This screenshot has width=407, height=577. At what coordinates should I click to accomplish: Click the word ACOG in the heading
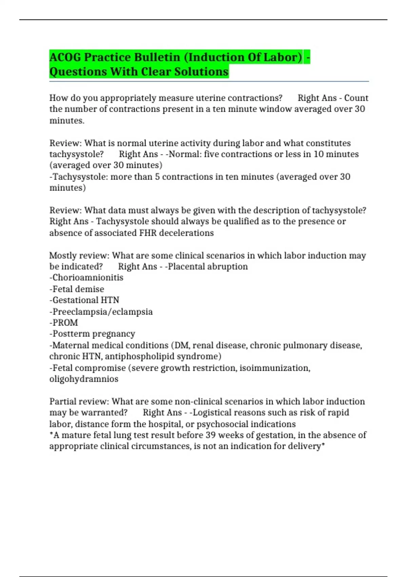[x=65, y=57]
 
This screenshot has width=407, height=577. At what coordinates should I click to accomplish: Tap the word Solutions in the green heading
[x=201, y=72]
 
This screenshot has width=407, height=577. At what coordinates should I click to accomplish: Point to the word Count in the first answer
[x=356, y=98]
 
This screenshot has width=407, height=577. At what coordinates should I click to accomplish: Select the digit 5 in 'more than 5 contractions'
[x=157, y=176]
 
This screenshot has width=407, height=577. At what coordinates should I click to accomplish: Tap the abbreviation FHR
[x=148, y=233]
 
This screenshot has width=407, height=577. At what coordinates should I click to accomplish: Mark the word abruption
[x=227, y=266]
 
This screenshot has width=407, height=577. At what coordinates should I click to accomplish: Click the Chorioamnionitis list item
[x=86, y=278]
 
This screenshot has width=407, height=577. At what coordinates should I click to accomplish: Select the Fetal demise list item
[x=77, y=289]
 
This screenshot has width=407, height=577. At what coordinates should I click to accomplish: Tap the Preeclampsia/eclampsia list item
[x=101, y=312]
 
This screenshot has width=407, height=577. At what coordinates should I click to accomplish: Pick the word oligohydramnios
[x=84, y=379]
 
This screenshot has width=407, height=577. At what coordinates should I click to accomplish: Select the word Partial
[x=62, y=402]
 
